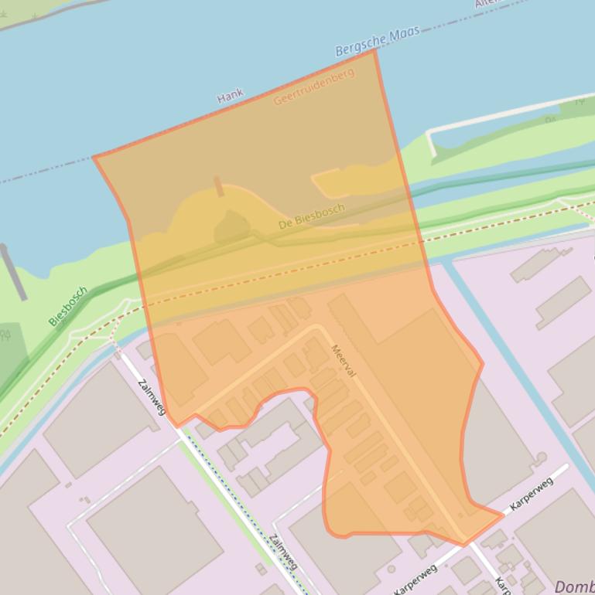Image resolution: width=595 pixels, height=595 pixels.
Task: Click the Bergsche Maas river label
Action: point(377,41)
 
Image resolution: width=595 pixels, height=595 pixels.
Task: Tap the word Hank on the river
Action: point(230,96)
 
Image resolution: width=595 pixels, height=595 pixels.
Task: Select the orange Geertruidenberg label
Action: point(313,87)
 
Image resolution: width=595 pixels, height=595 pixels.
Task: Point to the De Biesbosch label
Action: point(311,216)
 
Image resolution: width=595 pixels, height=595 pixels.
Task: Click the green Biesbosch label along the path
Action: point(68,307)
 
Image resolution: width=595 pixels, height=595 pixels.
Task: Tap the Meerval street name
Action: point(343,360)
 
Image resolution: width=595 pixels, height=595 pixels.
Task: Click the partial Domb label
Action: point(574,586)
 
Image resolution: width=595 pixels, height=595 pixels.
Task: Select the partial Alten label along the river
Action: point(487,4)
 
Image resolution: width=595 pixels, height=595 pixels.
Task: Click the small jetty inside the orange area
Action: point(219,185)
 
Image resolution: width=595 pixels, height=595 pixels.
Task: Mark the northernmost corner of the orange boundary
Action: point(374,51)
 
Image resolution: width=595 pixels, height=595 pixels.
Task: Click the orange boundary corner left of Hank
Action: point(94,158)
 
